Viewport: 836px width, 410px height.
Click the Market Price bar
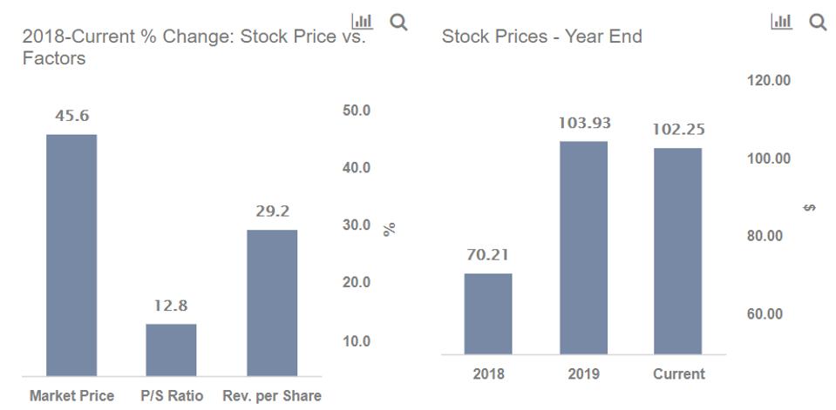click(71, 255)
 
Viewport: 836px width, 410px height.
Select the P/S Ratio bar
click(171, 350)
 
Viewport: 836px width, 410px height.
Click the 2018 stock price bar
click(488, 313)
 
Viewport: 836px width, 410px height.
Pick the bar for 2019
click(583, 247)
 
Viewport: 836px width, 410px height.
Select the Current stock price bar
click(677, 251)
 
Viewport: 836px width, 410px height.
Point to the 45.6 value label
click(71, 116)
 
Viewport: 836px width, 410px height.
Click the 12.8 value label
click(171, 306)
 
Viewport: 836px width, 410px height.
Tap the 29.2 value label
click(272, 212)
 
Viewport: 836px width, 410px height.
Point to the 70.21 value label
click(488, 255)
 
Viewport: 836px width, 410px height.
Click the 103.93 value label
click(584, 123)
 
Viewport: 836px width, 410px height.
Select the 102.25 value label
click(678, 130)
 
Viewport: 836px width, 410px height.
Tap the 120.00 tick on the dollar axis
click(769, 80)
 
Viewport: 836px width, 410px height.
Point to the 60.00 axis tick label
click(765, 313)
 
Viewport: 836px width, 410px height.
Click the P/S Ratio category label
click(172, 396)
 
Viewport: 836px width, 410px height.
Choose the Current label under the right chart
click(678, 374)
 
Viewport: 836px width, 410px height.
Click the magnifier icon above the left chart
click(398, 22)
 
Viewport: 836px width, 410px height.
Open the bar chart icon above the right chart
click(781, 22)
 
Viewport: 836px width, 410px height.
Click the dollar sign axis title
click(810, 207)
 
